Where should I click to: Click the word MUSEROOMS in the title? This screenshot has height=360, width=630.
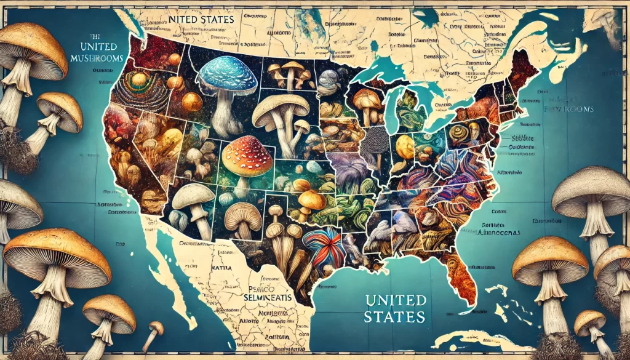(98, 58)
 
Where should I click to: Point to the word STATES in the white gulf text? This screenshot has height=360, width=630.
(394, 318)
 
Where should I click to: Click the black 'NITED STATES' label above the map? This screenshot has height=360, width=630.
(201, 20)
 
